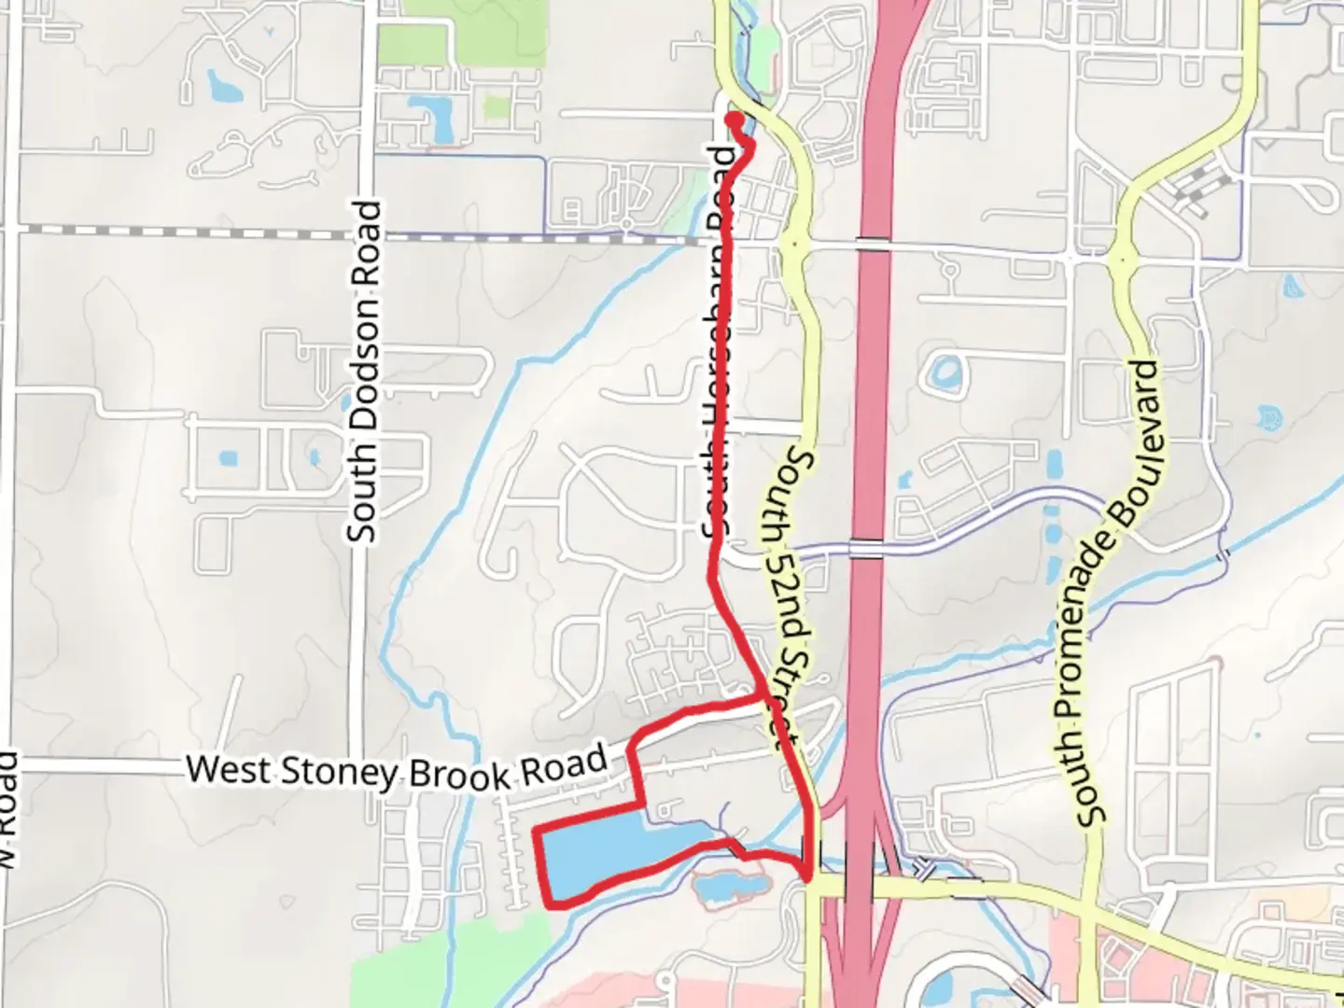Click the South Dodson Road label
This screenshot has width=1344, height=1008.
pyautogui.click(x=364, y=371)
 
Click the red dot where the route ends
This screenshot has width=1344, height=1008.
pyautogui.click(x=734, y=119)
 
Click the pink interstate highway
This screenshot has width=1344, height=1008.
pyautogui.click(x=873, y=373)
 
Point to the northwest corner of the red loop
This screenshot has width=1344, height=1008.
pyautogui.click(x=535, y=830)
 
